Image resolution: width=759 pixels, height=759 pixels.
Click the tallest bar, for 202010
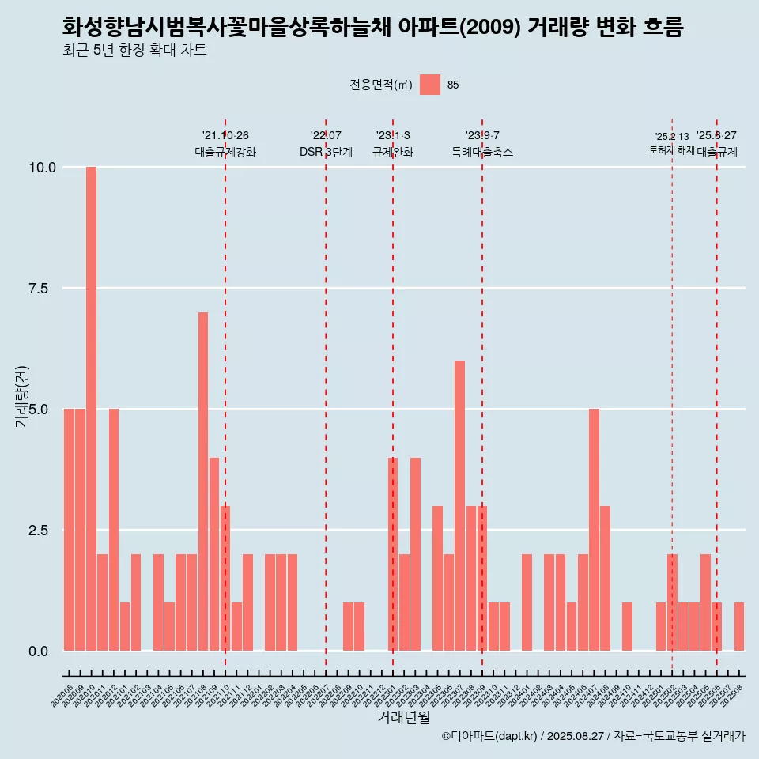[91, 409]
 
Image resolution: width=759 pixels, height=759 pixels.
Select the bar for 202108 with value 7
[203, 481]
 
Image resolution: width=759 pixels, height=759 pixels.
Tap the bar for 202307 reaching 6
[459, 505]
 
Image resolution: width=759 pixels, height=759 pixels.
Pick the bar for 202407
[594, 530]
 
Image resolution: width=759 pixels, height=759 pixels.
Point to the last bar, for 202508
[739, 626]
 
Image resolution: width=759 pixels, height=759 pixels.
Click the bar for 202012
[114, 530]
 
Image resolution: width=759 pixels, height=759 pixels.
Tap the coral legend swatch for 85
[430, 85]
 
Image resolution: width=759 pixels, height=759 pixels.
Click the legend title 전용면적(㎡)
[381, 85]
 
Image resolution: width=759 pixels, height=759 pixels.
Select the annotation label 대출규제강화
[225, 152]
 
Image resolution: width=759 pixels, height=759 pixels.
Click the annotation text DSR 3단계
[326, 152]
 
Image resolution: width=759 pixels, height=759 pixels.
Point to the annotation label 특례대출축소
[482, 152]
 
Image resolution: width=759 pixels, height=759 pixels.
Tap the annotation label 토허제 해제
[671, 150]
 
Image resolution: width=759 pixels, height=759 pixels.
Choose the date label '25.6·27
[716, 135]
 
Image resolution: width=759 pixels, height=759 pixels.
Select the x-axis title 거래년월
[403, 717]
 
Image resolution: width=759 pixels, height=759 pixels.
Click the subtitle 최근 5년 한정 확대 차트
[134, 51]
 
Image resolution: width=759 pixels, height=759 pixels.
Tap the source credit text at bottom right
[593, 736]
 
